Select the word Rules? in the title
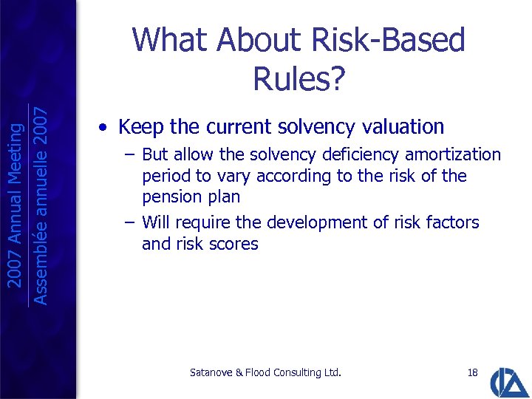[299, 77]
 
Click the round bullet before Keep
[106, 128]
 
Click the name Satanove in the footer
[211, 372]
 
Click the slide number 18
[473, 372]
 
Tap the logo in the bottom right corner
[511, 381]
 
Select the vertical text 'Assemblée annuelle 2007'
[41, 205]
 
